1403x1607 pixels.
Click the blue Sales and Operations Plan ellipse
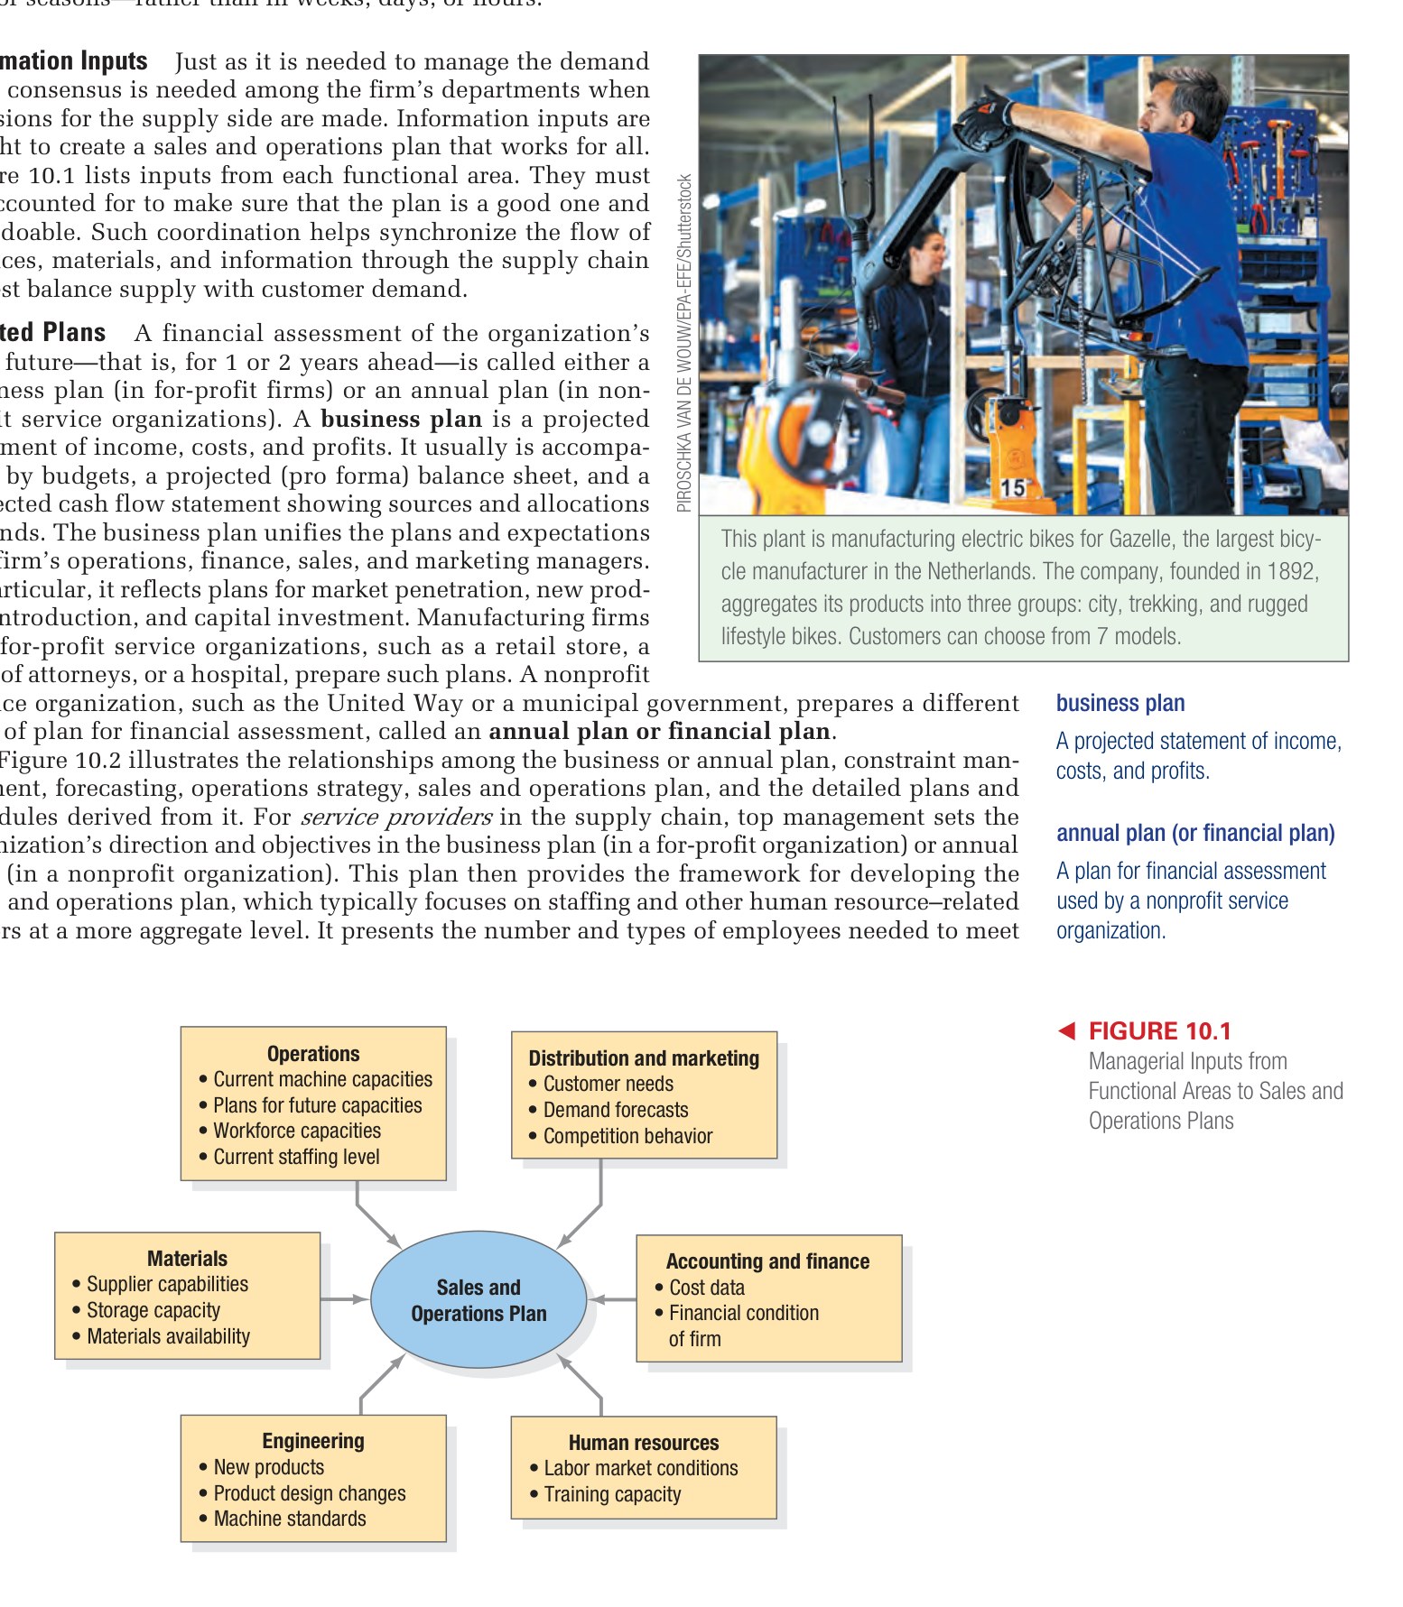point(479,1299)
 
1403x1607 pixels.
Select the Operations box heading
point(313,1053)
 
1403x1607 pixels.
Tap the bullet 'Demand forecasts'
point(615,1110)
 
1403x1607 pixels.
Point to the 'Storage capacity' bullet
point(153,1310)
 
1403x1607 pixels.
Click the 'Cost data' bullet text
point(706,1288)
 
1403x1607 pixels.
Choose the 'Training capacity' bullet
point(611,1494)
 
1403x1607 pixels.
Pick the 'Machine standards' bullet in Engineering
point(289,1519)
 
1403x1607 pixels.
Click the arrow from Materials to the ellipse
point(344,1299)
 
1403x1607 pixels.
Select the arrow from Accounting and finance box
point(613,1299)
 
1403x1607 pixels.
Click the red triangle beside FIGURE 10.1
point(1066,1030)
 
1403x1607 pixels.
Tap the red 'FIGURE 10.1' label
point(1159,1030)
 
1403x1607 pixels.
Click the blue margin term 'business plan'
point(1120,703)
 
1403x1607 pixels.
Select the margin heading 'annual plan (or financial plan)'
point(1195,833)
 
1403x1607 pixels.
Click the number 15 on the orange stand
point(1013,487)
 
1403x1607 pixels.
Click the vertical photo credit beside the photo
point(684,343)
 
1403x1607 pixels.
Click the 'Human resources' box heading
point(644,1442)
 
